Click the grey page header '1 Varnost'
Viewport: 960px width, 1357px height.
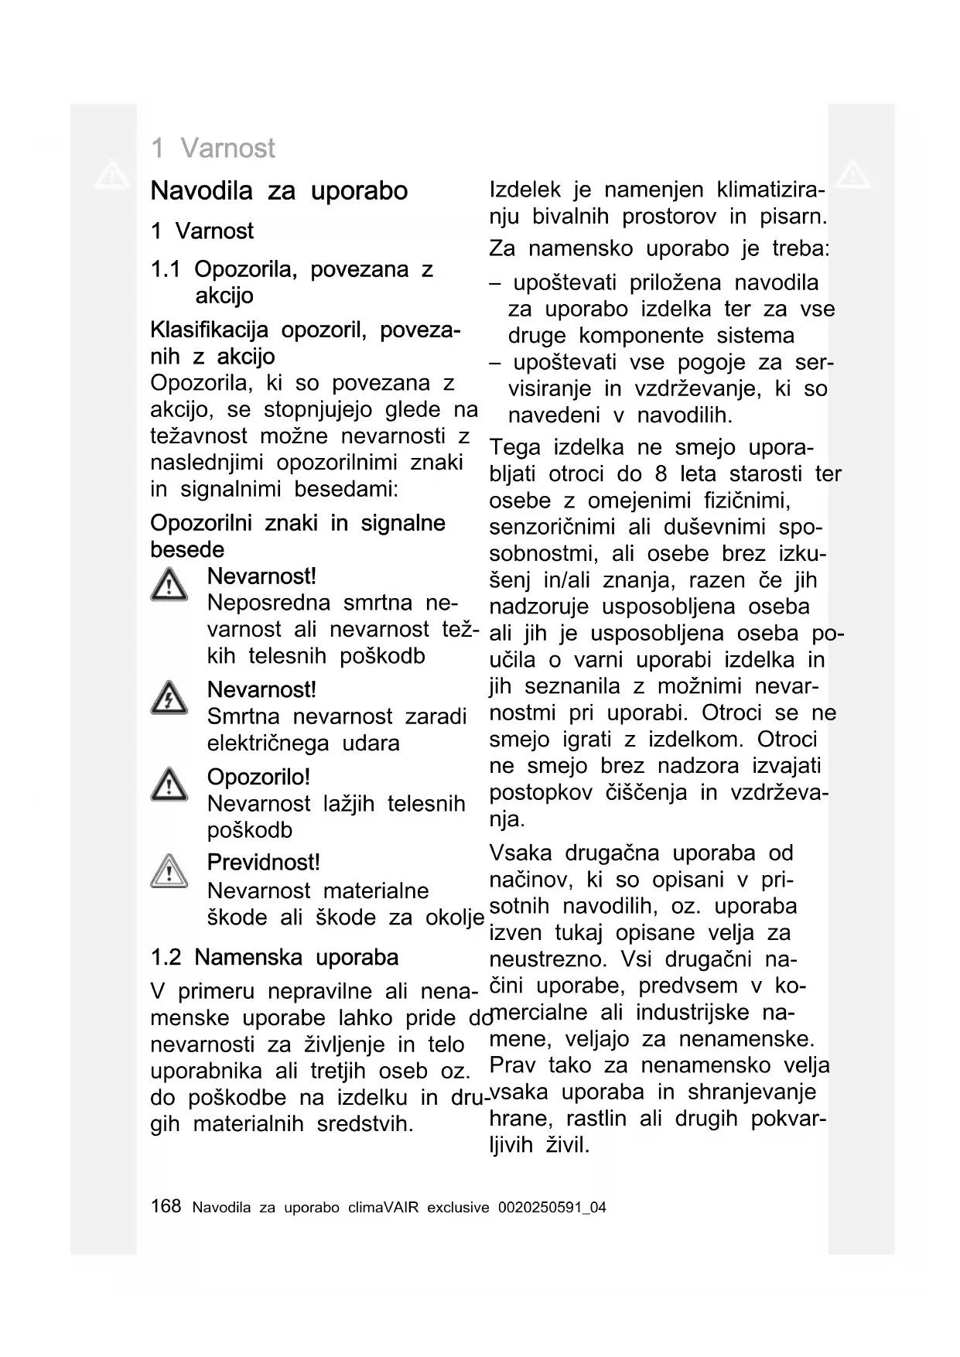(213, 148)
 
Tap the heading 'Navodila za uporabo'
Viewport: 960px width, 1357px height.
(278, 190)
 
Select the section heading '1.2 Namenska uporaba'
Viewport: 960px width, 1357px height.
(275, 957)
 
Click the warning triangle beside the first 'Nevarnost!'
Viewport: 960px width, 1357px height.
(169, 585)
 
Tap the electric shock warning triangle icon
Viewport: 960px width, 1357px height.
(169, 698)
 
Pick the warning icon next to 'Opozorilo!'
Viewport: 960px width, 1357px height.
(169, 784)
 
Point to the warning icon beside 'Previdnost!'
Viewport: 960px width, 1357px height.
(169, 871)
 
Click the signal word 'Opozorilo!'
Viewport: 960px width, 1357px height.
(258, 776)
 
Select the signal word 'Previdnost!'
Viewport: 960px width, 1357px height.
(263, 862)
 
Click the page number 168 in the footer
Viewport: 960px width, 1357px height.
(166, 1205)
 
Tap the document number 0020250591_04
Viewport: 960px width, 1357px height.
(552, 1207)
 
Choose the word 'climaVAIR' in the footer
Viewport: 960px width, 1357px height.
(384, 1207)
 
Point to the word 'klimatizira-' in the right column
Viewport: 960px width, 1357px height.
(770, 190)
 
